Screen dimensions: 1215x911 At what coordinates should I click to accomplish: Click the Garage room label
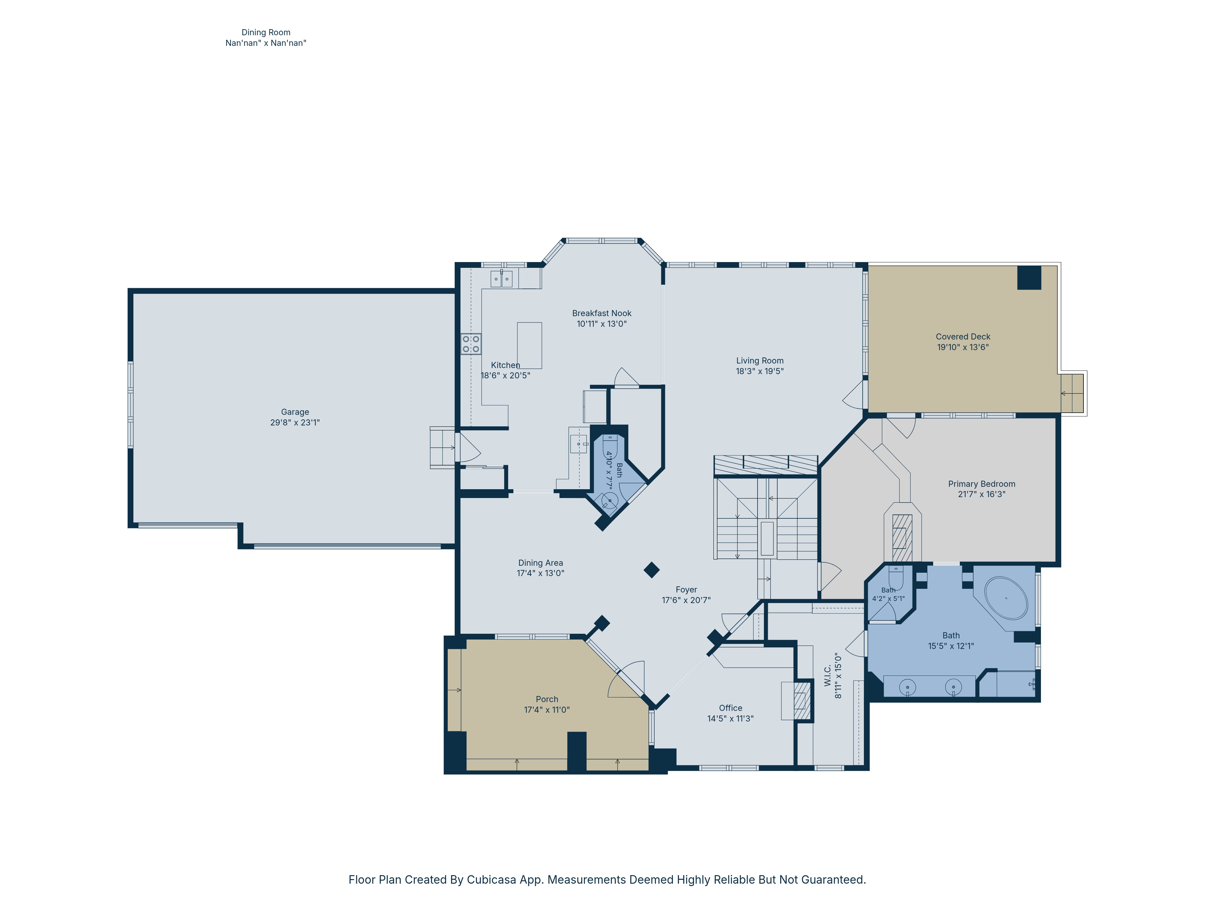tap(295, 412)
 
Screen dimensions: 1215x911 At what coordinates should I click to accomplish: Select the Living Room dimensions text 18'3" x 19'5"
tap(760, 371)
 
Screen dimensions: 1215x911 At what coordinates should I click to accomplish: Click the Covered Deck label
tap(963, 336)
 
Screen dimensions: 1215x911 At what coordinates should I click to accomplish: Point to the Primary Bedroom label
tap(981, 484)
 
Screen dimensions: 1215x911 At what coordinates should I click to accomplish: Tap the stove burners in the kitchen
tap(471, 344)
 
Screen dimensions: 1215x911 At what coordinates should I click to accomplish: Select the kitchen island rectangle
tap(529, 345)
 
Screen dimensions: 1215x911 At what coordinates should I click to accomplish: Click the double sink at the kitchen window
tap(501, 279)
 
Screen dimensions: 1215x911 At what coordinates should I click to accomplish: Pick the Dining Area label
tap(540, 563)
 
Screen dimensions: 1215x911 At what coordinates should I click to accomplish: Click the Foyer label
tap(686, 590)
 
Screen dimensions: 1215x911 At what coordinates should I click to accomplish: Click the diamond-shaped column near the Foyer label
tap(652, 570)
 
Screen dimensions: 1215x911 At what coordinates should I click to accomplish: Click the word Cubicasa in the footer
tap(491, 880)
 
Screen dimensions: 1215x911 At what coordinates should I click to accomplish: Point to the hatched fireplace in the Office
tap(803, 701)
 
